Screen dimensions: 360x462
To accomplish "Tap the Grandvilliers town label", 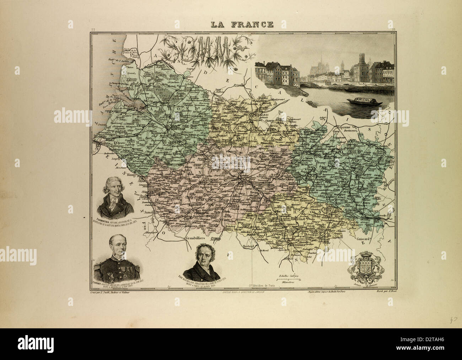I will (197, 238).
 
